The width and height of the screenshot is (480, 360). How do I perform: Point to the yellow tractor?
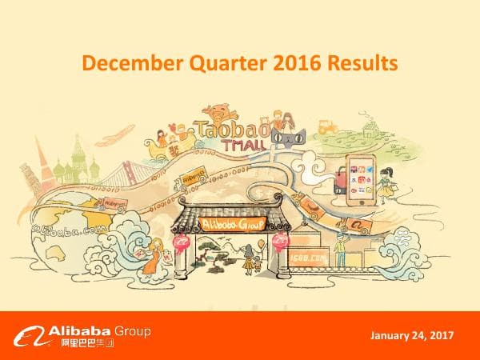(x=326, y=126)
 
